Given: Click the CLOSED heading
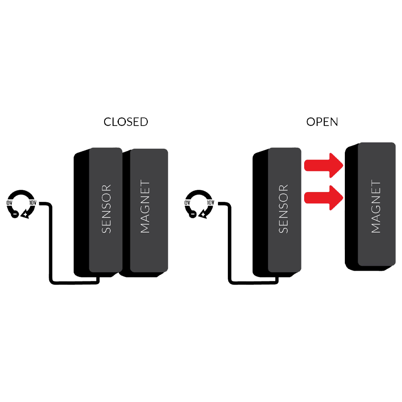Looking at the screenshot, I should [x=126, y=122].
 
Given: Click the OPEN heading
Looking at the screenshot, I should [x=322, y=122].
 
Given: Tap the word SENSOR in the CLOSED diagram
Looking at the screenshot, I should [x=106, y=209].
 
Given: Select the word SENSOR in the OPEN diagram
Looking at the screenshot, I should [x=284, y=209].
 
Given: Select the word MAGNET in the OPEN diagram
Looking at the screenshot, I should [x=376, y=207].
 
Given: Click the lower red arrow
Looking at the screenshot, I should [x=323, y=197].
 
